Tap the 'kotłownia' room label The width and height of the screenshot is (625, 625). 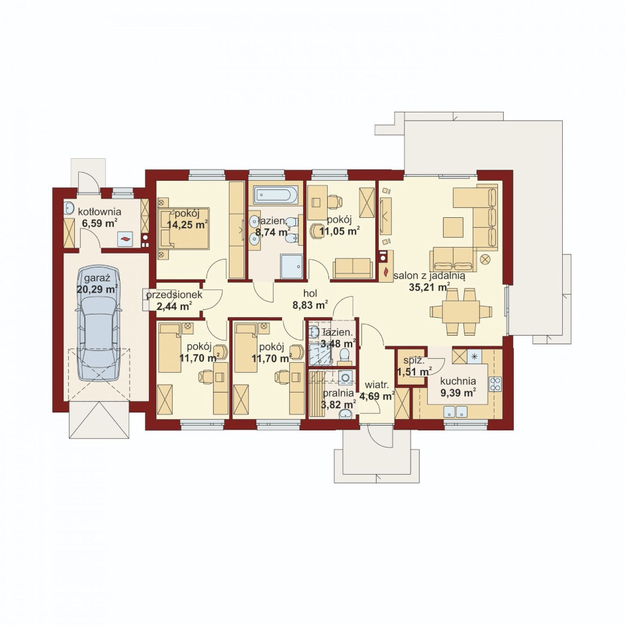(100, 212)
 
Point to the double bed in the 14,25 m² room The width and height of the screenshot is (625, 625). (184, 228)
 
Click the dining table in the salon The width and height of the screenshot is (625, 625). (461, 312)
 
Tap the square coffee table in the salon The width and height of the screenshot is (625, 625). (453, 227)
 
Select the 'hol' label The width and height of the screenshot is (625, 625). (310, 294)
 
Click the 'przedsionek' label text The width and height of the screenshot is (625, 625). (174, 295)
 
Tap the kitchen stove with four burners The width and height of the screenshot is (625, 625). (495, 383)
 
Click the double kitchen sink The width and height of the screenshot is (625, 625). (456, 411)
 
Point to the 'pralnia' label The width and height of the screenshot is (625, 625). (338, 393)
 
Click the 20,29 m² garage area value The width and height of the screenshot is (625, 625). (97, 289)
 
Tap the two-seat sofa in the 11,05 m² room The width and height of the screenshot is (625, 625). (353, 268)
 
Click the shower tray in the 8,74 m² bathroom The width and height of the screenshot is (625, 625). (291, 267)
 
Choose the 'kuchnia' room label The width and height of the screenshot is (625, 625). (458, 381)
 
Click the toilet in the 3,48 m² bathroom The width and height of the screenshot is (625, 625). (344, 356)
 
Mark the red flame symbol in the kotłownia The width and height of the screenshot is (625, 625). (125, 239)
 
